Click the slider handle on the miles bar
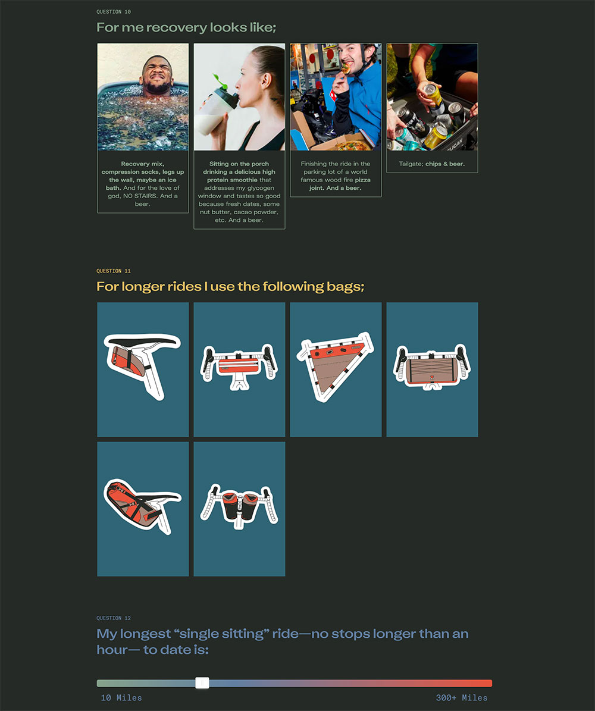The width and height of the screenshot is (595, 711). pyautogui.click(x=202, y=683)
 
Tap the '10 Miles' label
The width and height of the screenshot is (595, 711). pyautogui.click(x=121, y=698)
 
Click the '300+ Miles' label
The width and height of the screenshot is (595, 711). pyautogui.click(x=462, y=698)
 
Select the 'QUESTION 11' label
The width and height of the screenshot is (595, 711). pyautogui.click(x=114, y=271)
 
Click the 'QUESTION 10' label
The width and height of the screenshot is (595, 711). pyautogui.click(x=114, y=12)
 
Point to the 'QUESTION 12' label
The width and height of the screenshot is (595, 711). pyautogui.click(x=114, y=618)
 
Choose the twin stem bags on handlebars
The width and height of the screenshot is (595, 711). pyautogui.click(x=239, y=506)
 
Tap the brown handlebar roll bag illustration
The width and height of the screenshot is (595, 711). pyautogui.click(x=432, y=367)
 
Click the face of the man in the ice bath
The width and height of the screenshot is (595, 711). pyautogui.click(x=156, y=75)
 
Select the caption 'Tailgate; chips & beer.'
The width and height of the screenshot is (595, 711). pyautogui.click(x=432, y=164)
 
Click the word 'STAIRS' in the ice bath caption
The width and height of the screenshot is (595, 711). pyautogui.click(x=146, y=196)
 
